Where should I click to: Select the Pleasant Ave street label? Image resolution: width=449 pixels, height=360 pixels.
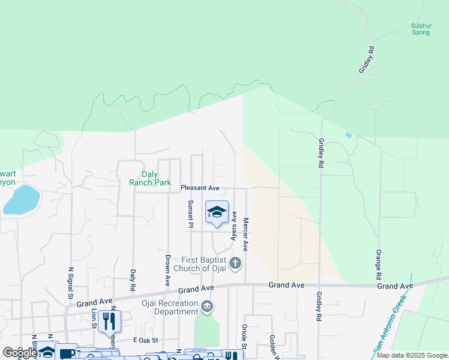pos(200,188)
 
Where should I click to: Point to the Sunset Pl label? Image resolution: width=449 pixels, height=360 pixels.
pos(190,214)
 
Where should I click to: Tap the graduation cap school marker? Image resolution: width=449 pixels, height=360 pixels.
pos(217,211)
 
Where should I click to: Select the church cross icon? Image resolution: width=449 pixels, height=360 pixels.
pos(236,263)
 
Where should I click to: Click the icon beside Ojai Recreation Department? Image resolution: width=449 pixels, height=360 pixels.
pos(207,307)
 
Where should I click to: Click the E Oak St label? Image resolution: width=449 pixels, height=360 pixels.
pos(145,340)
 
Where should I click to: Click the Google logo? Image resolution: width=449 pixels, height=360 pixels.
pos(20,353)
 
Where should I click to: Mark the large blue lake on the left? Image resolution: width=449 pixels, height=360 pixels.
pos(21,199)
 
